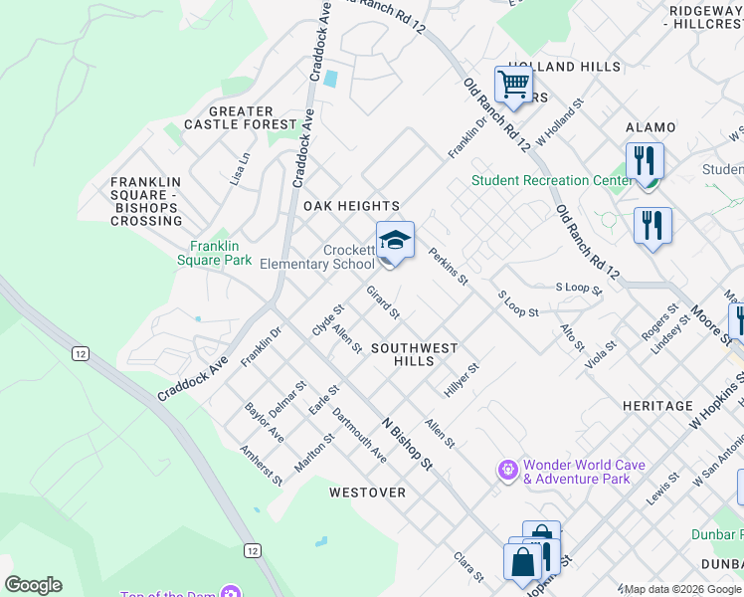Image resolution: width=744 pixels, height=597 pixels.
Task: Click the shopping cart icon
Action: (x=513, y=85)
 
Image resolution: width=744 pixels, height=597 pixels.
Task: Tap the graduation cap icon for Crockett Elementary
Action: (x=395, y=241)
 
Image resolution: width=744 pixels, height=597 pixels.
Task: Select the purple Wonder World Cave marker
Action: (x=508, y=468)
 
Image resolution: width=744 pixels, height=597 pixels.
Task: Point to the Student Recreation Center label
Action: (x=552, y=180)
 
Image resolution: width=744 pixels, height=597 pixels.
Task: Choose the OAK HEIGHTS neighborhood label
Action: (x=351, y=206)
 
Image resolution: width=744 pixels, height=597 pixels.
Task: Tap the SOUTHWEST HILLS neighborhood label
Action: (x=414, y=355)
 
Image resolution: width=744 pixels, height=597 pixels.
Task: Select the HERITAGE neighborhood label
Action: (x=656, y=406)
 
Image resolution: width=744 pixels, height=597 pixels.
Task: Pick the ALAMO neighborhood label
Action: (x=651, y=127)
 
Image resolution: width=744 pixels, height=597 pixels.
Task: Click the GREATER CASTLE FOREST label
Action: (x=241, y=118)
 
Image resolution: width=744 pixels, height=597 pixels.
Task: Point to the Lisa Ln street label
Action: (x=239, y=169)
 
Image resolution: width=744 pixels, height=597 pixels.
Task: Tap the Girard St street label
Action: (x=383, y=302)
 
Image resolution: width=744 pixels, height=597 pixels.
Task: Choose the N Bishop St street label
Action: (x=408, y=443)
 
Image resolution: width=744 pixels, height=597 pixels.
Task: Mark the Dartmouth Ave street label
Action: (x=359, y=434)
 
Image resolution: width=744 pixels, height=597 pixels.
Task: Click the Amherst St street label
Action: (x=262, y=465)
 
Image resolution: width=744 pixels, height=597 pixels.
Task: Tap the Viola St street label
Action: (x=602, y=355)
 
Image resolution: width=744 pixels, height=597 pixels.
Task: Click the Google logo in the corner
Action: (x=33, y=585)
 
